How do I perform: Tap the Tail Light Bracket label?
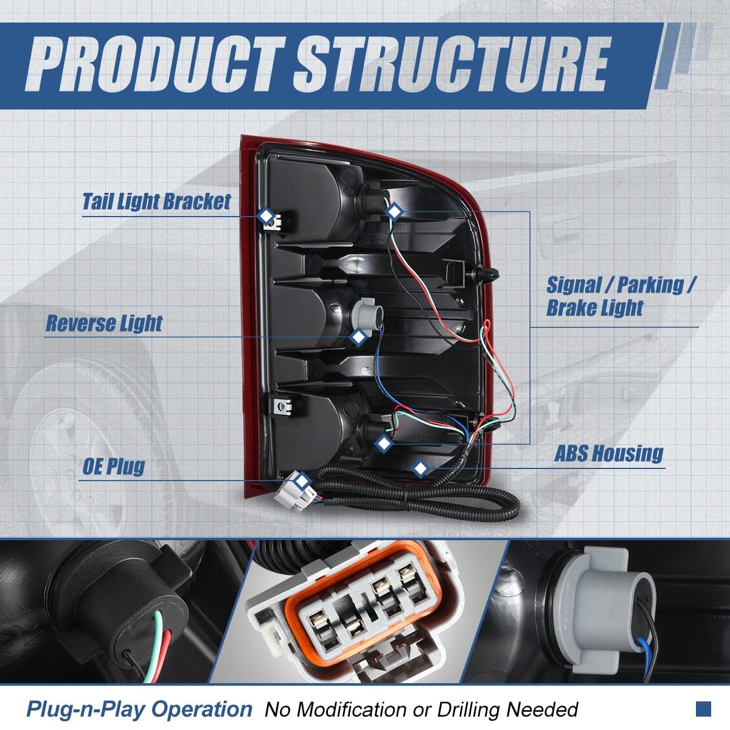pyautogui.click(x=156, y=202)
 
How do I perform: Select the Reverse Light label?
pyautogui.click(x=104, y=324)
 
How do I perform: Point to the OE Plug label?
pyautogui.click(x=114, y=467)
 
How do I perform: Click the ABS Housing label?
pyautogui.click(x=608, y=454)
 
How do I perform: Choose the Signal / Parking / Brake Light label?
pyautogui.click(x=619, y=296)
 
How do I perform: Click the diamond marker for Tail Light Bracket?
pyautogui.click(x=266, y=215)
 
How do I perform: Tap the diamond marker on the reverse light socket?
pyautogui.click(x=358, y=336)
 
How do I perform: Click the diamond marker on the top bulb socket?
pyautogui.click(x=394, y=211)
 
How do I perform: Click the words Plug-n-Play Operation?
pyautogui.click(x=139, y=709)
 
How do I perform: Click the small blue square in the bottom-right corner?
pyautogui.click(x=704, y=708)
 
